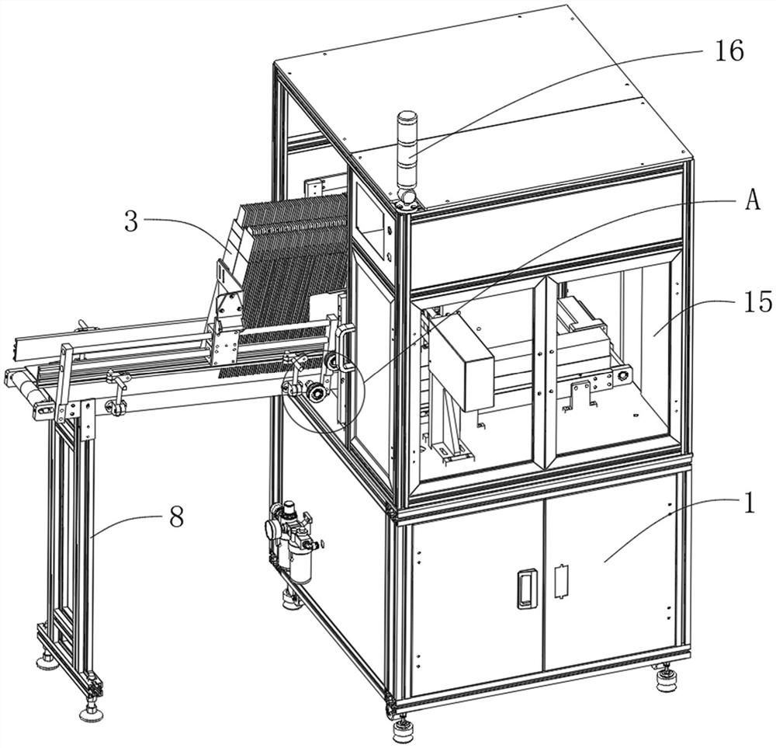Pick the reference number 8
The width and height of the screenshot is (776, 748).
pos(176,517)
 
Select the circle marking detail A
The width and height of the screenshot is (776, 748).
pos(323,388)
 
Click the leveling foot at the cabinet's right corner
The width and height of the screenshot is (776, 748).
pos(665,681)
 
